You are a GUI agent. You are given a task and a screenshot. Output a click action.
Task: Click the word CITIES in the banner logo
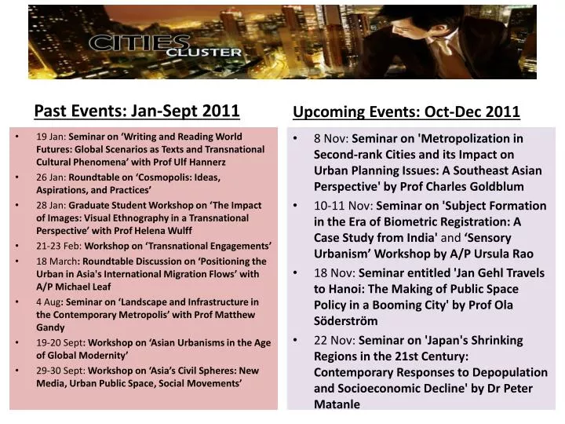pyautogui.click(x=126, y=42)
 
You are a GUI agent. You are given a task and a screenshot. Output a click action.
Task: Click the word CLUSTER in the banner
pyautogui.click(x=200, y=53)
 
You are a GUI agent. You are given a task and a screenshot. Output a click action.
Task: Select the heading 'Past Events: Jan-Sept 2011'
pyautogui.click(x=136, y=109)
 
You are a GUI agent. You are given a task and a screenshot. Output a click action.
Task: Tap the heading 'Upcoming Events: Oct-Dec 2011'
pyautogui.click(x=406, y=111)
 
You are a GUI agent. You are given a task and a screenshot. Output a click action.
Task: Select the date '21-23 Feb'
pyautogui.click(x=57, y=245)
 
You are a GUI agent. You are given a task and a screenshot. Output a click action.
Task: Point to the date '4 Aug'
pyautogui.click(x=49, y=302)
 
